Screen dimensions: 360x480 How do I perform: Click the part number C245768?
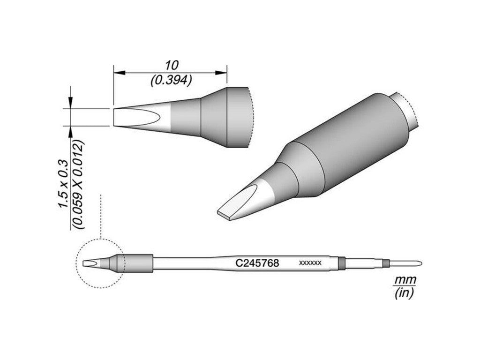257,263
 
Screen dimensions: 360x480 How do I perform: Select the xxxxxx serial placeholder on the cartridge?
310,263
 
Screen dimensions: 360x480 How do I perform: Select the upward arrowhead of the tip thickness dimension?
70,131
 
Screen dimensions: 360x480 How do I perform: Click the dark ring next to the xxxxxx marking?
342,263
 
